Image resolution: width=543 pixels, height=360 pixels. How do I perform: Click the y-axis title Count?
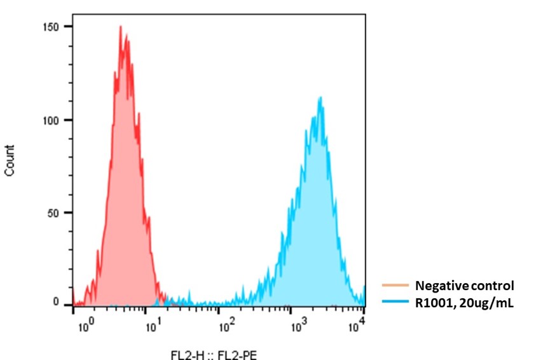pos(10,161)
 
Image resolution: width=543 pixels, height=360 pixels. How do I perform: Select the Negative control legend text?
pos(464,286)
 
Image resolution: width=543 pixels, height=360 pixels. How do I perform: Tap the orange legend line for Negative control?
pos(394,286)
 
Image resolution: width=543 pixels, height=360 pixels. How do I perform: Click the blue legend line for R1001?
pos(394,303)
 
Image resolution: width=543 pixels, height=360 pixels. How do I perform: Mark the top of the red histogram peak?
pos(120,27)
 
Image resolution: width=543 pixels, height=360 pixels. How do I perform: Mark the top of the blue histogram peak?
pos(320,97)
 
